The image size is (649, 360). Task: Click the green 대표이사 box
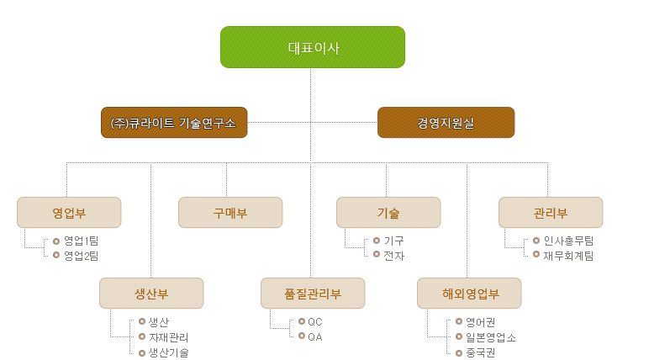tap(313, 47)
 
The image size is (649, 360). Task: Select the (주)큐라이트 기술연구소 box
tap(174, 123)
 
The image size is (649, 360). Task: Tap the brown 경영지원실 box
tap(446, 123)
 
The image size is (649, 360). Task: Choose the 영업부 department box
tap(69, 213)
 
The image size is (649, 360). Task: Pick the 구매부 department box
tap(230, 213)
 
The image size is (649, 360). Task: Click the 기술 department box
tap(388, 213)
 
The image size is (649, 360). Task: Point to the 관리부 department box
tap(551, 213)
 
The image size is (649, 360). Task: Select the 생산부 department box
tap(151, 294)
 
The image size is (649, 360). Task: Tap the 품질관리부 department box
tap(313, 294)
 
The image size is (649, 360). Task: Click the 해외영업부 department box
tap(469, 294)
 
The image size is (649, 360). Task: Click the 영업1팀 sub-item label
tap(81, 241)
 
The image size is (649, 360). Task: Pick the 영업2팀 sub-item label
tap(81, 256)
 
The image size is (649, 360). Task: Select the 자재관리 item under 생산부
tap(168, 337)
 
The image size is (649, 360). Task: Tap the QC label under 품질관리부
tap(315, 322)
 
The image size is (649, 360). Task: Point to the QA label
tap(315, 336)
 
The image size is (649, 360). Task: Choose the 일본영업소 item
tap(491, 337)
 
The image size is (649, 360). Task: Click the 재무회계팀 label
tap(568, 256)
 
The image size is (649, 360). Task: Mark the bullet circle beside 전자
tap(377, 254)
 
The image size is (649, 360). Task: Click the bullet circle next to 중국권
tap(459, 353)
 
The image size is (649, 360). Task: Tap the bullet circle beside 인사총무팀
tap(536, 241)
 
